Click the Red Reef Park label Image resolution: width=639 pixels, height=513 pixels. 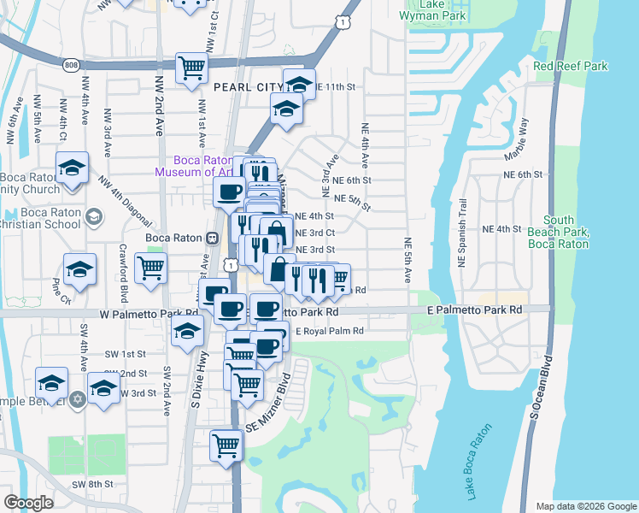tap(570, 66)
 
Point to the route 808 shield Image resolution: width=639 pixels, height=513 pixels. tap(72, 64)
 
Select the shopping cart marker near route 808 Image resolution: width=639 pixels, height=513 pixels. tap(191, 68)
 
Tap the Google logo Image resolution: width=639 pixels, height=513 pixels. tap(29, 503)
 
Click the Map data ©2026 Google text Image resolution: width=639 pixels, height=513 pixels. tap(586, 506)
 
